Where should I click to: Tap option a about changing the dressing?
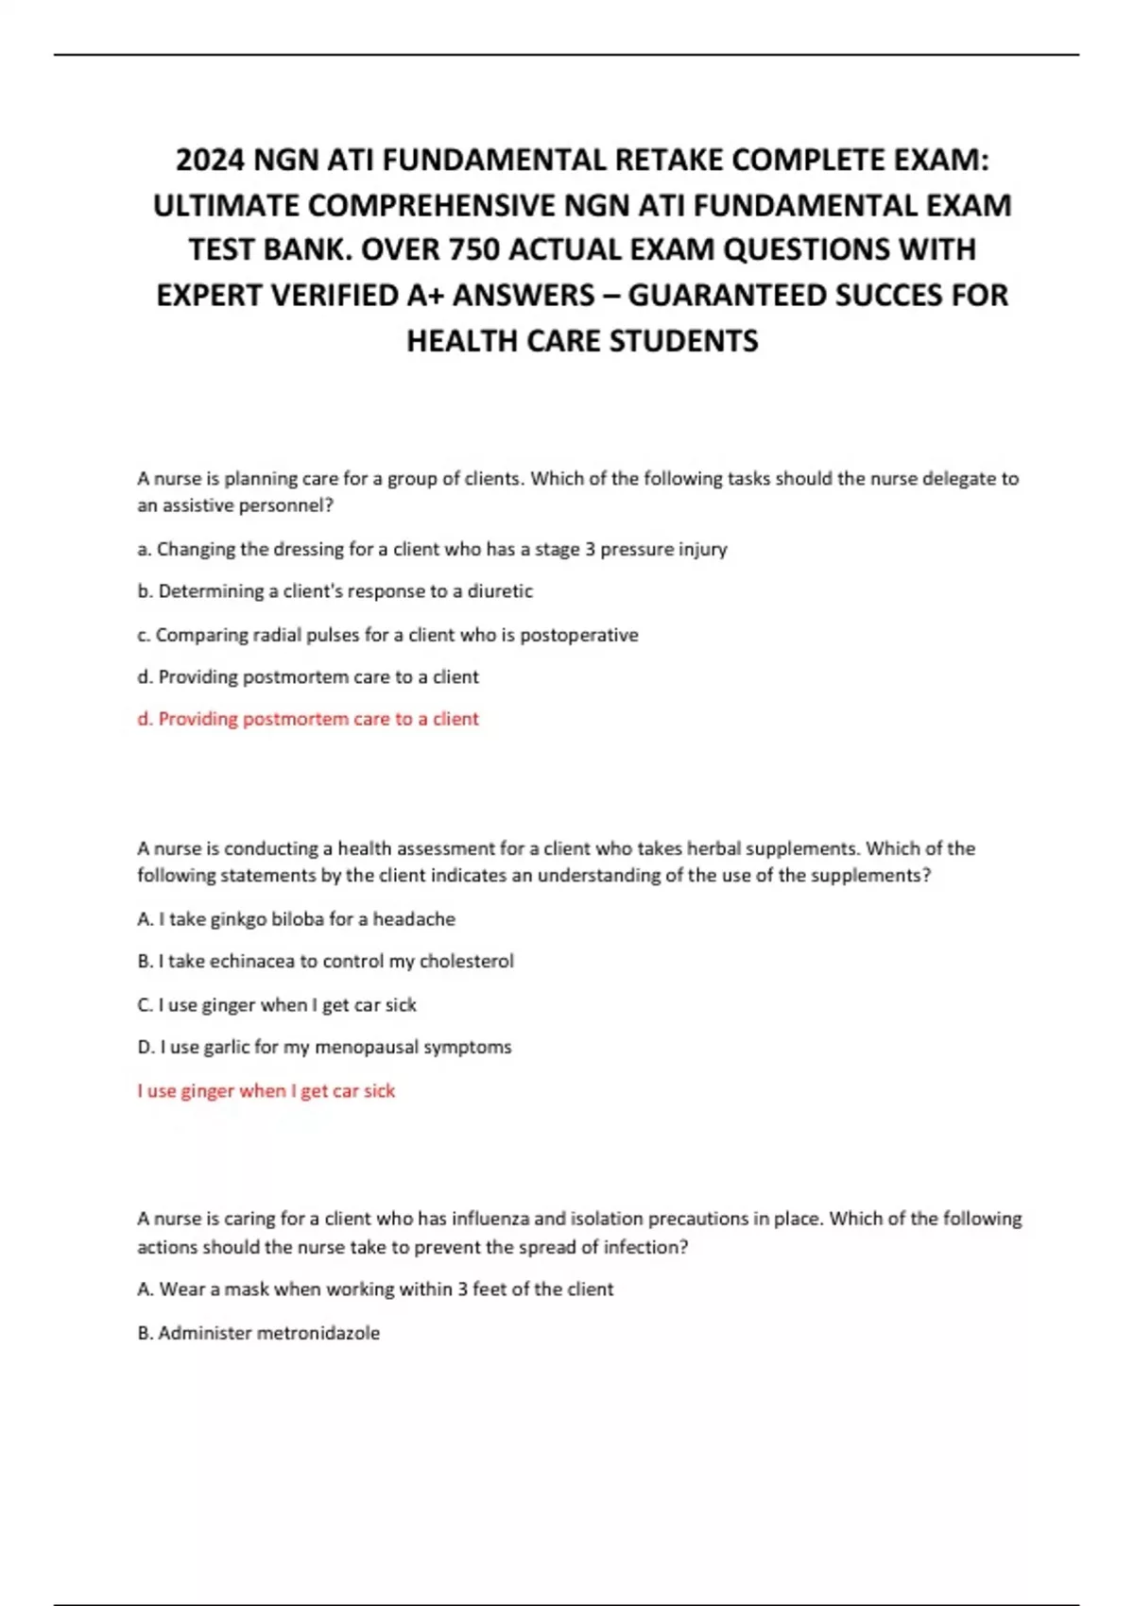pos(432,549)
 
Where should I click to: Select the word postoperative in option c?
pos(579,635)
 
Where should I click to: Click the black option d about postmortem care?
pos(308,677)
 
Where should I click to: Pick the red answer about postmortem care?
pos(308,719)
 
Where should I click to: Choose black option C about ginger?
pos(277,1005)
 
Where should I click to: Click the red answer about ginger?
pos(266,1091)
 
